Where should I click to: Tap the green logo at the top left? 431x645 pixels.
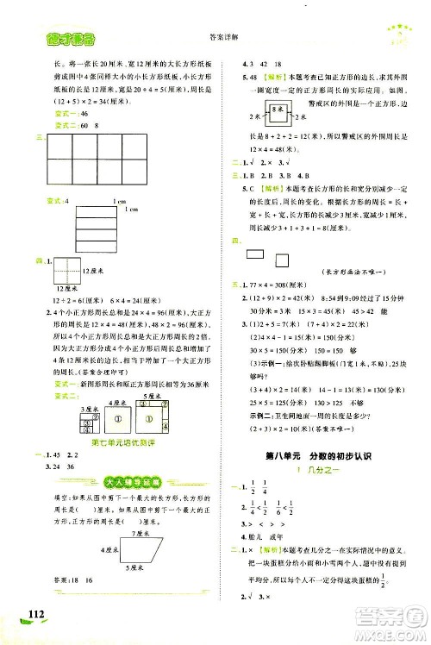[x=54, y=35]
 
